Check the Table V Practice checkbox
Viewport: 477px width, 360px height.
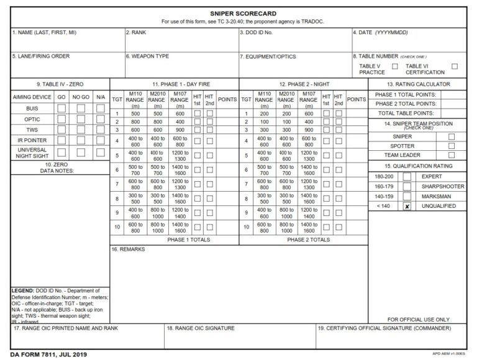point(394,66)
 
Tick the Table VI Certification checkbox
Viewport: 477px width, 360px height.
point(455,66)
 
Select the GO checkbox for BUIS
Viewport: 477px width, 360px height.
point(61,109)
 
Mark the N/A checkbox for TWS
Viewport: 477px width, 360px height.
point(100,130)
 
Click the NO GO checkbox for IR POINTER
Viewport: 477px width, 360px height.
point(81,141)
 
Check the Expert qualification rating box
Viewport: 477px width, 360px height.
point(407,176)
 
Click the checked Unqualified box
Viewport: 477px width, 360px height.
point(407,206)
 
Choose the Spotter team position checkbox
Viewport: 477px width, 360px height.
point(451,146)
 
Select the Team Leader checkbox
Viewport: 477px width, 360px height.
point(451,155)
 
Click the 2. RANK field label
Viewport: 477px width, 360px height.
point(135,32)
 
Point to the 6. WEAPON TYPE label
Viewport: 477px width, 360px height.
point(147,56)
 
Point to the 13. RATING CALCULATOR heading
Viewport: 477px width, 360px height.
point(417,84)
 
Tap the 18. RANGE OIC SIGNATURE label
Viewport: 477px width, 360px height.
point(200,328)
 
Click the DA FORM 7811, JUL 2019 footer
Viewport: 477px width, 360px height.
point(49,354)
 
